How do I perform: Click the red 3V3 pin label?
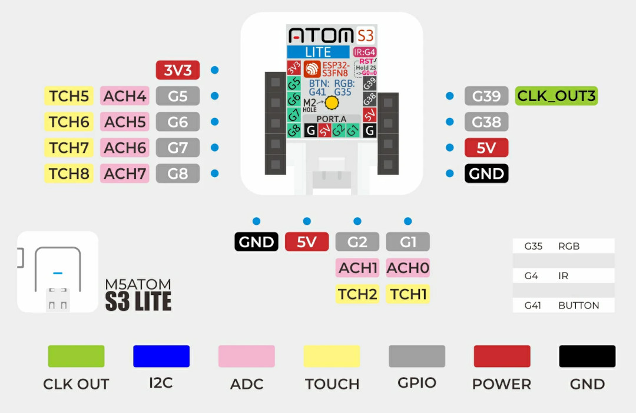[x=178, y=70]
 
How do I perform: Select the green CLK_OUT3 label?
[x=556, y=96]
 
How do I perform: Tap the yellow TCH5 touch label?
[x=69, y=96]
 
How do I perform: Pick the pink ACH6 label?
[x=125, y=147]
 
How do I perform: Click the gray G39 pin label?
[x=486, y=96]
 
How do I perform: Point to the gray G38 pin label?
[x=486, y=122]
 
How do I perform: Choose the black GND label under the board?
[x=256, y=242]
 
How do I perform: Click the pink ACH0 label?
[x=408, y=268]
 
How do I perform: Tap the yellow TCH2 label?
[x=357, y=294]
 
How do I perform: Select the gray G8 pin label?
[x=178, y=173]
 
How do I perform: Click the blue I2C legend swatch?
[x=161, y=356]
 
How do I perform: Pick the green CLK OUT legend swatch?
[x=76, y=356]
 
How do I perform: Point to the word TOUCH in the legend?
[x=332, y=384]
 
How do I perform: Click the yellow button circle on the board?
[x=332, y=103]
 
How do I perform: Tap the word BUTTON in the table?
[x=578, y=305]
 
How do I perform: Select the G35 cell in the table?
[x=534, y=246]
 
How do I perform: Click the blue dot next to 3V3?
[x=215, y=70]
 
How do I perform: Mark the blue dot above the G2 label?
[x=357, y=221]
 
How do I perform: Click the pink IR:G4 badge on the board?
[x=365, y=52]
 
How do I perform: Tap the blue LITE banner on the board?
[x=318, y=52]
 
